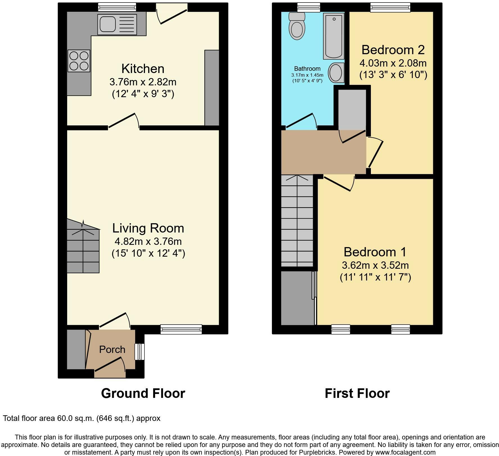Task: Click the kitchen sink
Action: [x=117, y=25]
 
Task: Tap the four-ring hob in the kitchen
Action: [x=79, y=61]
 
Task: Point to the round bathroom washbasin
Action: [x=336, y=73]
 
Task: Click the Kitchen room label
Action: [x=143, y=69]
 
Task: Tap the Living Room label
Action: [x=148, y=228]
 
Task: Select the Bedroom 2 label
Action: [x=393, y=50]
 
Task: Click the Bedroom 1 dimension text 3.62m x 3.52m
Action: [x=375, y=265]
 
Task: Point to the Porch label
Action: [x=112, y=350]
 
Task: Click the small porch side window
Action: [x=139, y=352]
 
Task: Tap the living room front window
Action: [x=181, y=329]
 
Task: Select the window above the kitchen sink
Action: [x=117, y=7]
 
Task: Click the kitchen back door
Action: [x=172, y=14]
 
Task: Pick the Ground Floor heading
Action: [x=143, y=393]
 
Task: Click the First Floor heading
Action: [x=357, y=393]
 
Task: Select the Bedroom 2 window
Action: [x=390, y=7]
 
